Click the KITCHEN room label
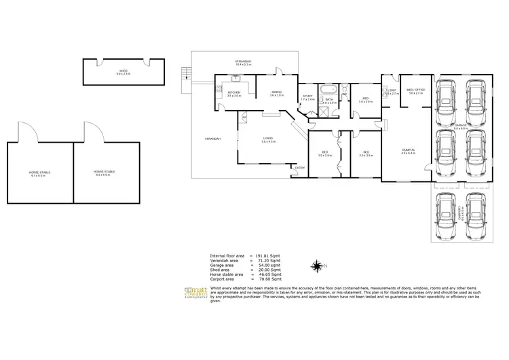click(x=234, y=92)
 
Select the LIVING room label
click(x=268, y=139)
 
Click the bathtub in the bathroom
click(x=328, y=90)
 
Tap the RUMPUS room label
click(x=407, y=150)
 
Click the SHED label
click(x=123, y=70)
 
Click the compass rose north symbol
click(x=317, y=265)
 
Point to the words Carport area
click(x=223, y=278)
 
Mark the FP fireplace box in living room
click(x=244, y=117)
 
